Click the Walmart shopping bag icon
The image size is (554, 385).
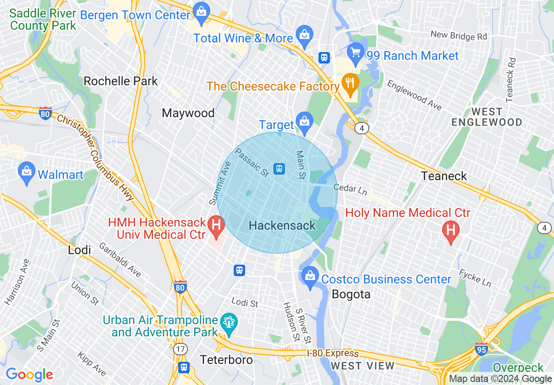click(27, 174)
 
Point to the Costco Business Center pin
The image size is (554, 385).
click(310, 277)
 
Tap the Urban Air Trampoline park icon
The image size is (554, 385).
click(229, 324)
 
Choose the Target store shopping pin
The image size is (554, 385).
click(303, 122)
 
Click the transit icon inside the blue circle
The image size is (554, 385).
click(279, 168)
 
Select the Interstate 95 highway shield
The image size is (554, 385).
click(481, 349)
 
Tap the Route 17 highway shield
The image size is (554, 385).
click(180, 349)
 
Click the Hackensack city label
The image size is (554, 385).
click(282, 226)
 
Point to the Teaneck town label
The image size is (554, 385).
click(444, 176)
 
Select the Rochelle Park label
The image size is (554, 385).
click(121, 81)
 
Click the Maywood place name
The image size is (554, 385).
click(188, 113)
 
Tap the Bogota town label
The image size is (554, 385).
click(351, 294)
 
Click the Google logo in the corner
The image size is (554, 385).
click(29, 374)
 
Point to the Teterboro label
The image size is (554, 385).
click(226, 360)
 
